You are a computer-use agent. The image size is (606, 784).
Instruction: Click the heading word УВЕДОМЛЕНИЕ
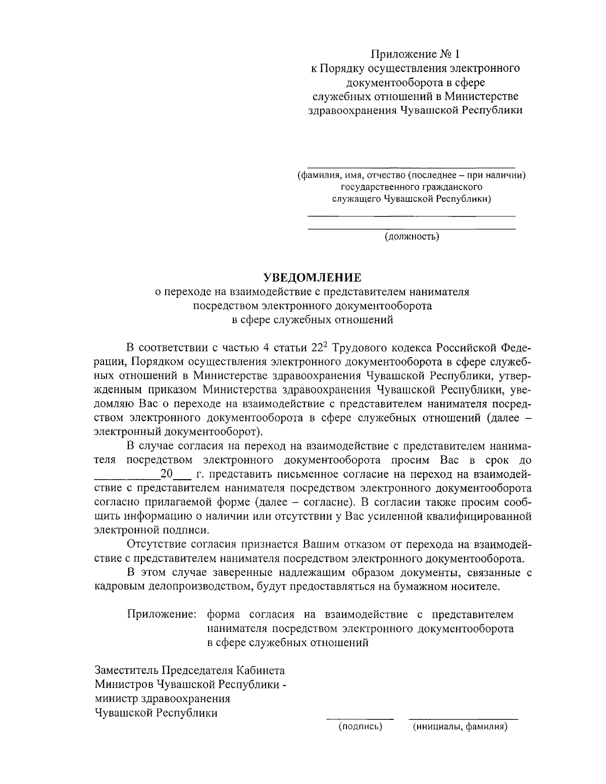(313, 278)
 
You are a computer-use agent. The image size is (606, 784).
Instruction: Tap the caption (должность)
(412, 237)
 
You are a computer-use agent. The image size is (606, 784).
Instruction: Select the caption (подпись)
(360, 727)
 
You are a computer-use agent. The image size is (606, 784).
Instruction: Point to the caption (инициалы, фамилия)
(460, 727)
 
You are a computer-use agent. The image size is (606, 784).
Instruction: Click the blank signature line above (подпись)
(360, 718)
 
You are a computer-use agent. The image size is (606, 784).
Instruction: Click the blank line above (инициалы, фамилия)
(463, 718)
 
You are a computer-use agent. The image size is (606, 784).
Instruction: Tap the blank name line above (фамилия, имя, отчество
(412, 167)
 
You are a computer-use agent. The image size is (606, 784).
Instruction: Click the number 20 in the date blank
(166, 474)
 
